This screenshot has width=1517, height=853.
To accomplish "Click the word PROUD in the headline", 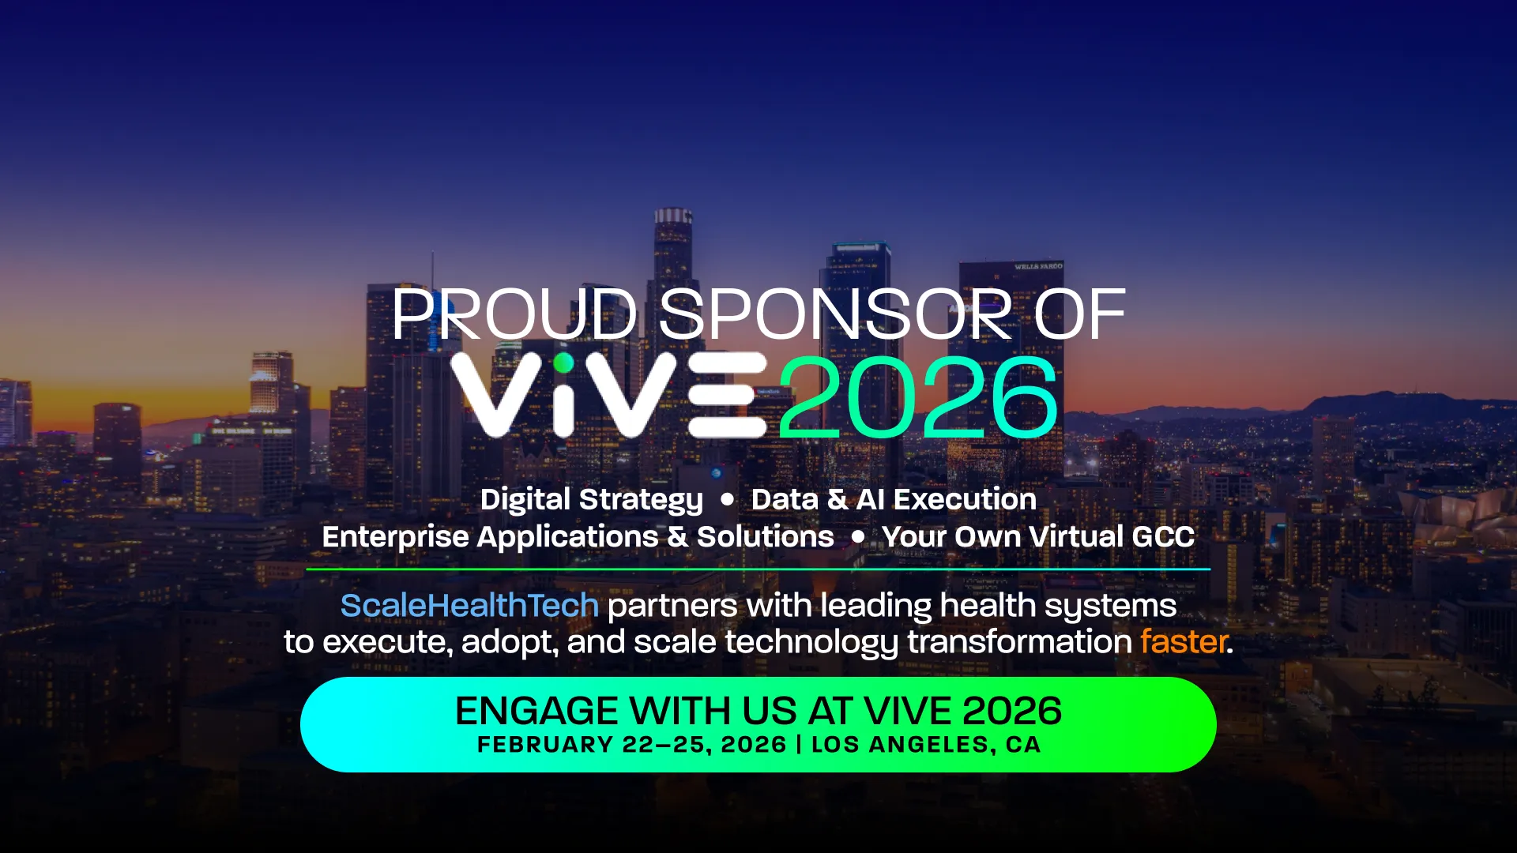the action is pyautogui.click(x=514, y=314).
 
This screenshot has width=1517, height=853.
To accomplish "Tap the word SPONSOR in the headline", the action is pyautogui.click(x=836, y=314).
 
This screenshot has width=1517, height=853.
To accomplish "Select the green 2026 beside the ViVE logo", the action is pyautogui.click(x=918, y=397).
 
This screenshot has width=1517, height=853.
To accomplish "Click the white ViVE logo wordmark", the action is pyautogui.click(x=609, y=395).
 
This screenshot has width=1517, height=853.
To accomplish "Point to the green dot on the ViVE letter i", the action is pyautogui.click(x=563, y=363).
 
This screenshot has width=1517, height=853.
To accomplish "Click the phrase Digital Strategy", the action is pyautogui.click(x=592, y=500).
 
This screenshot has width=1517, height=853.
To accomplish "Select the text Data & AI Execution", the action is pyautogui.click(x=894, y=499).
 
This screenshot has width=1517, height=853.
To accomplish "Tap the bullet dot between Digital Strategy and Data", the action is pyautogui.click(x=728, y=499).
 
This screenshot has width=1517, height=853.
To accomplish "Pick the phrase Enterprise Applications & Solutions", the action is pyautogui.click(x=578, y=537).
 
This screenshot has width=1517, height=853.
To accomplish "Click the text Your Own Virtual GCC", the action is pyautogui.click(x=1038, y=537).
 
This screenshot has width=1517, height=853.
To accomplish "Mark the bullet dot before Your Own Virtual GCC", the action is pyautogui.click(x=858, y=536).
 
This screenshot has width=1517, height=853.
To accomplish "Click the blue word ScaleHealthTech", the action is pyautogui.click(x=469, y=606).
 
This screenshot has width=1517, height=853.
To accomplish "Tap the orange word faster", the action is pyautogui.click(x=1184, y=641).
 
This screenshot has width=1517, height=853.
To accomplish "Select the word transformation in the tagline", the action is pyautogui.click(x=1020, y=642).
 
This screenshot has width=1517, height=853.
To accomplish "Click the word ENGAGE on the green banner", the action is pyautogui.click(x=537, y=711).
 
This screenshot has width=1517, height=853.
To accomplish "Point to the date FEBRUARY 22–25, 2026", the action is pyautogui.click(x=632, y=745).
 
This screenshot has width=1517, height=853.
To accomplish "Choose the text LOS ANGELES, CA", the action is pyautogui.click(x=926, y=745).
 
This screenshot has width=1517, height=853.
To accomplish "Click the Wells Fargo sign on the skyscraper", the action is pyautogui.click(x=1039, y=267).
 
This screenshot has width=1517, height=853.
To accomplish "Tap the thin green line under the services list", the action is pyautogui.click(x=758, y=569).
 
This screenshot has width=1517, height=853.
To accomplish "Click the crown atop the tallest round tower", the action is pyautogui.click(x=673, y=216).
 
